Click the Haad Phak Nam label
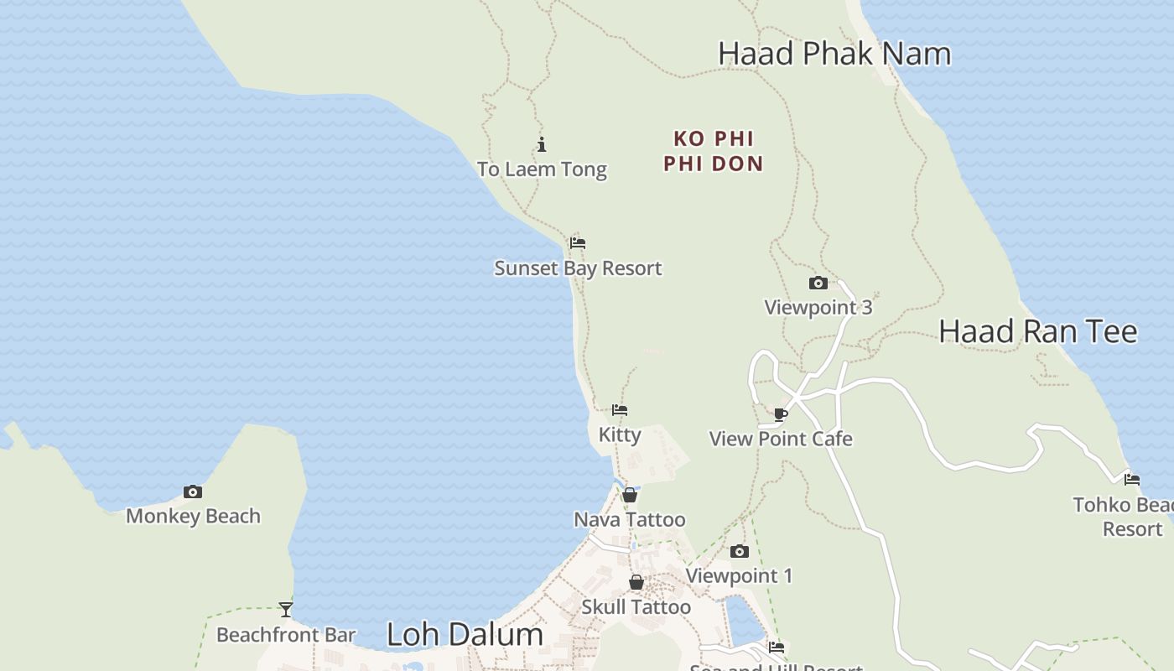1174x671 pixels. pyautogui.click(x=834, y=54)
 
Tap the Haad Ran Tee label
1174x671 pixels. pyautogui.click(x=1037, y=331)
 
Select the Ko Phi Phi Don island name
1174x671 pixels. pyautogui.click(x=714, y=151)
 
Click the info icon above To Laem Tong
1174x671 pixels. pyautogui.click(x=542, y=144)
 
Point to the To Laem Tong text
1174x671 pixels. pyautogui.click(x=542, y=169)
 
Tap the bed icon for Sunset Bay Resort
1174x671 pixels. pyautogui.click(x=577, y=243)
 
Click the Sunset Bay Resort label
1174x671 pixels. pyautogui.click(x=578, y=268)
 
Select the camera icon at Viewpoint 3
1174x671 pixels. pyautogui.click(x=818, y=283)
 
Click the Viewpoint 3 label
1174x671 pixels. pyautogui.click(x=818, y=308)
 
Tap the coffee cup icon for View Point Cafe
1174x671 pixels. pyautogui.click(x=781, y=414)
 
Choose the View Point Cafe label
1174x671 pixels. pyautogui.click(x=781, y=439)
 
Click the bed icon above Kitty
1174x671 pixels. pyautogui.click(x=620, y=410)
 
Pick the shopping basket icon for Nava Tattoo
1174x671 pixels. pyautogui.click(x=630, y=495)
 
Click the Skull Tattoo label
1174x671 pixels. pyautogui.click(x=636, y=607)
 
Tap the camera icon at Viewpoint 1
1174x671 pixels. pyautogui.click(x=739, y=551)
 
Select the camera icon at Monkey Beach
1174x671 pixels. pyautogui.click(x=193, y=492)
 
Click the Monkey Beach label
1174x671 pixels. pyautogui.click(x=193, y=517)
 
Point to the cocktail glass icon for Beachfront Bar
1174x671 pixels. pyautogui.click(x=286, y=610)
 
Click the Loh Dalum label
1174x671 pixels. pyautogui.click(x=465, y=635)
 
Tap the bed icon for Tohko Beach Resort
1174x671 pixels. pyautogui.click(x=1132, y=480)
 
